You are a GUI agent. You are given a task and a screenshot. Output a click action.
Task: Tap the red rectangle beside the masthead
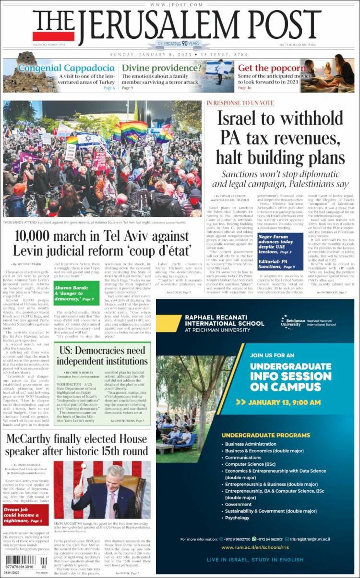click(53, 36)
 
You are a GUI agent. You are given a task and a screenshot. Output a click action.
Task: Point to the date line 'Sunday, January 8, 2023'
click(151, 54)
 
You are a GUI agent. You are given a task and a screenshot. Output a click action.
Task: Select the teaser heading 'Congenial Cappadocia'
click(66, 68)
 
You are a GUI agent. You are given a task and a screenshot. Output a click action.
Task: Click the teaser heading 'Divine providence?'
click(161, 68)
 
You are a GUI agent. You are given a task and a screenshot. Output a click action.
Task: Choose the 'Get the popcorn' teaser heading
click(272, 68)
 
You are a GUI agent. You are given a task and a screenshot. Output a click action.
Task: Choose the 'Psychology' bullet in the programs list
click(237, 518)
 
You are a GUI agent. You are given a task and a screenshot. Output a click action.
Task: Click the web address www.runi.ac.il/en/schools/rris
click(254, 547)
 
